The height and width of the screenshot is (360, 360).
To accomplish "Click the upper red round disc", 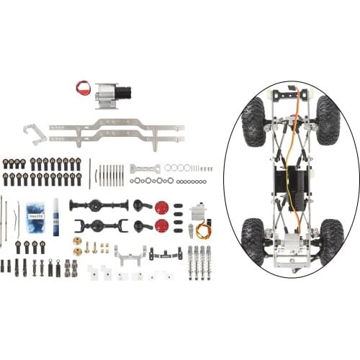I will pyautogui.click(x=162, y=208).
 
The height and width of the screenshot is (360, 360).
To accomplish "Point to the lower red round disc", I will pyautogui.click(x=162, y=227).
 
